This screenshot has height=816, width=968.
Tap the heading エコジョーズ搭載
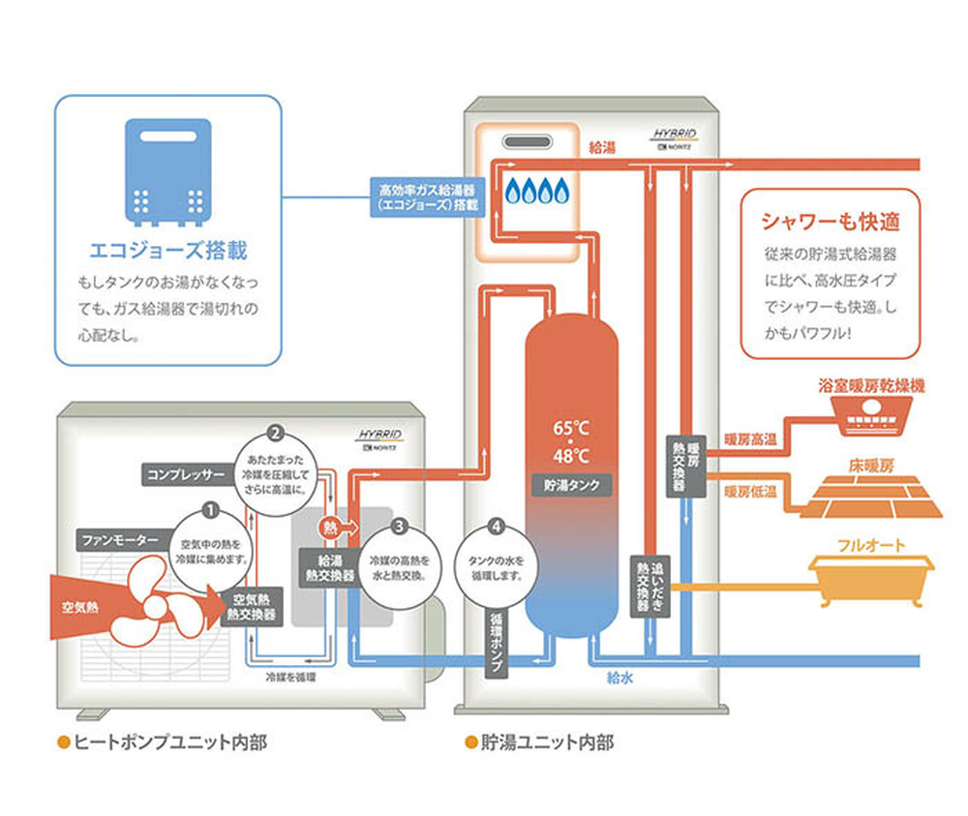pyautogui.click(x=167, y=251)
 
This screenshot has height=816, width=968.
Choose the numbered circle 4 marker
pyautogui.click(x=497, y=528)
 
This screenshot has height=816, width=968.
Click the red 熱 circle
pyautogui.click(x=330, y=529)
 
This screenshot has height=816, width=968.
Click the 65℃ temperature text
pyautogui.click(x=571, y=428)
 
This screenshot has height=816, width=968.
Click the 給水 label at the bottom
pyautogui.click(x=620, y=679)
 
